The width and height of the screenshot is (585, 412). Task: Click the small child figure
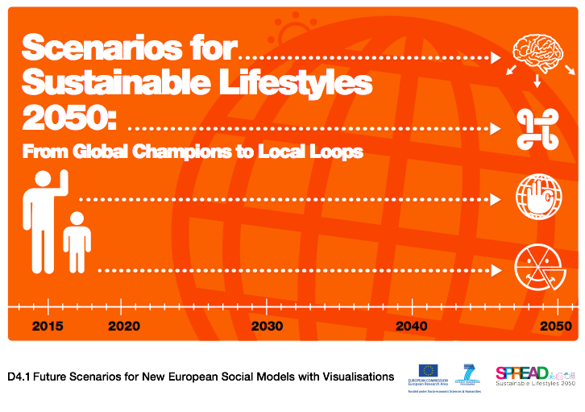click(x=77, y=242)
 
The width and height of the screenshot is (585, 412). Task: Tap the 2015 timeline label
click(x=48, y=327)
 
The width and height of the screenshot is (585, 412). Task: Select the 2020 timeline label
click(x=123, y=327)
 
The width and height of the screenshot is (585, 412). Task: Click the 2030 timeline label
click(x=267, y=327)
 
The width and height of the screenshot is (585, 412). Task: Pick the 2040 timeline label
click(x=411, y=327)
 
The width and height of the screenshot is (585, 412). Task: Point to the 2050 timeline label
click(x=556, y=327)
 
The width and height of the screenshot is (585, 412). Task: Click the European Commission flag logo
click(x=429, y=372)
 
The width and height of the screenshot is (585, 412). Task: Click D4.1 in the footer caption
click(x=20, y=377)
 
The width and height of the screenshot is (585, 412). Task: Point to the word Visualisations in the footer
click(x=358, y=377)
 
